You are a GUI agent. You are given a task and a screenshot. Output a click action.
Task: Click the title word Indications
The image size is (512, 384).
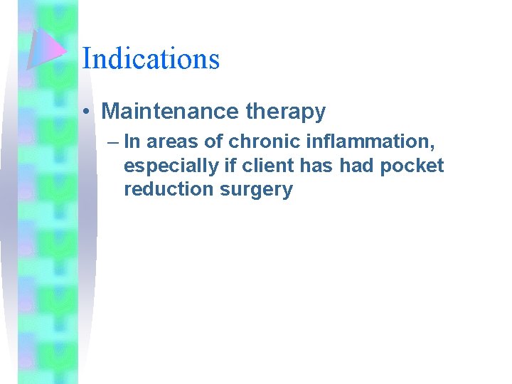(x=151, y=58)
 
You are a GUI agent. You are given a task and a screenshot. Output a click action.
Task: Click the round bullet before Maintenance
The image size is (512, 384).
(x=85, y=112)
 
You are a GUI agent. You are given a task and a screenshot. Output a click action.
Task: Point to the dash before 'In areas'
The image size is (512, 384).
(x=114, y=142)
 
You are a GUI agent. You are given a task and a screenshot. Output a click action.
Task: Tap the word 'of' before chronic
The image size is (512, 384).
(x=214, y=142)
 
